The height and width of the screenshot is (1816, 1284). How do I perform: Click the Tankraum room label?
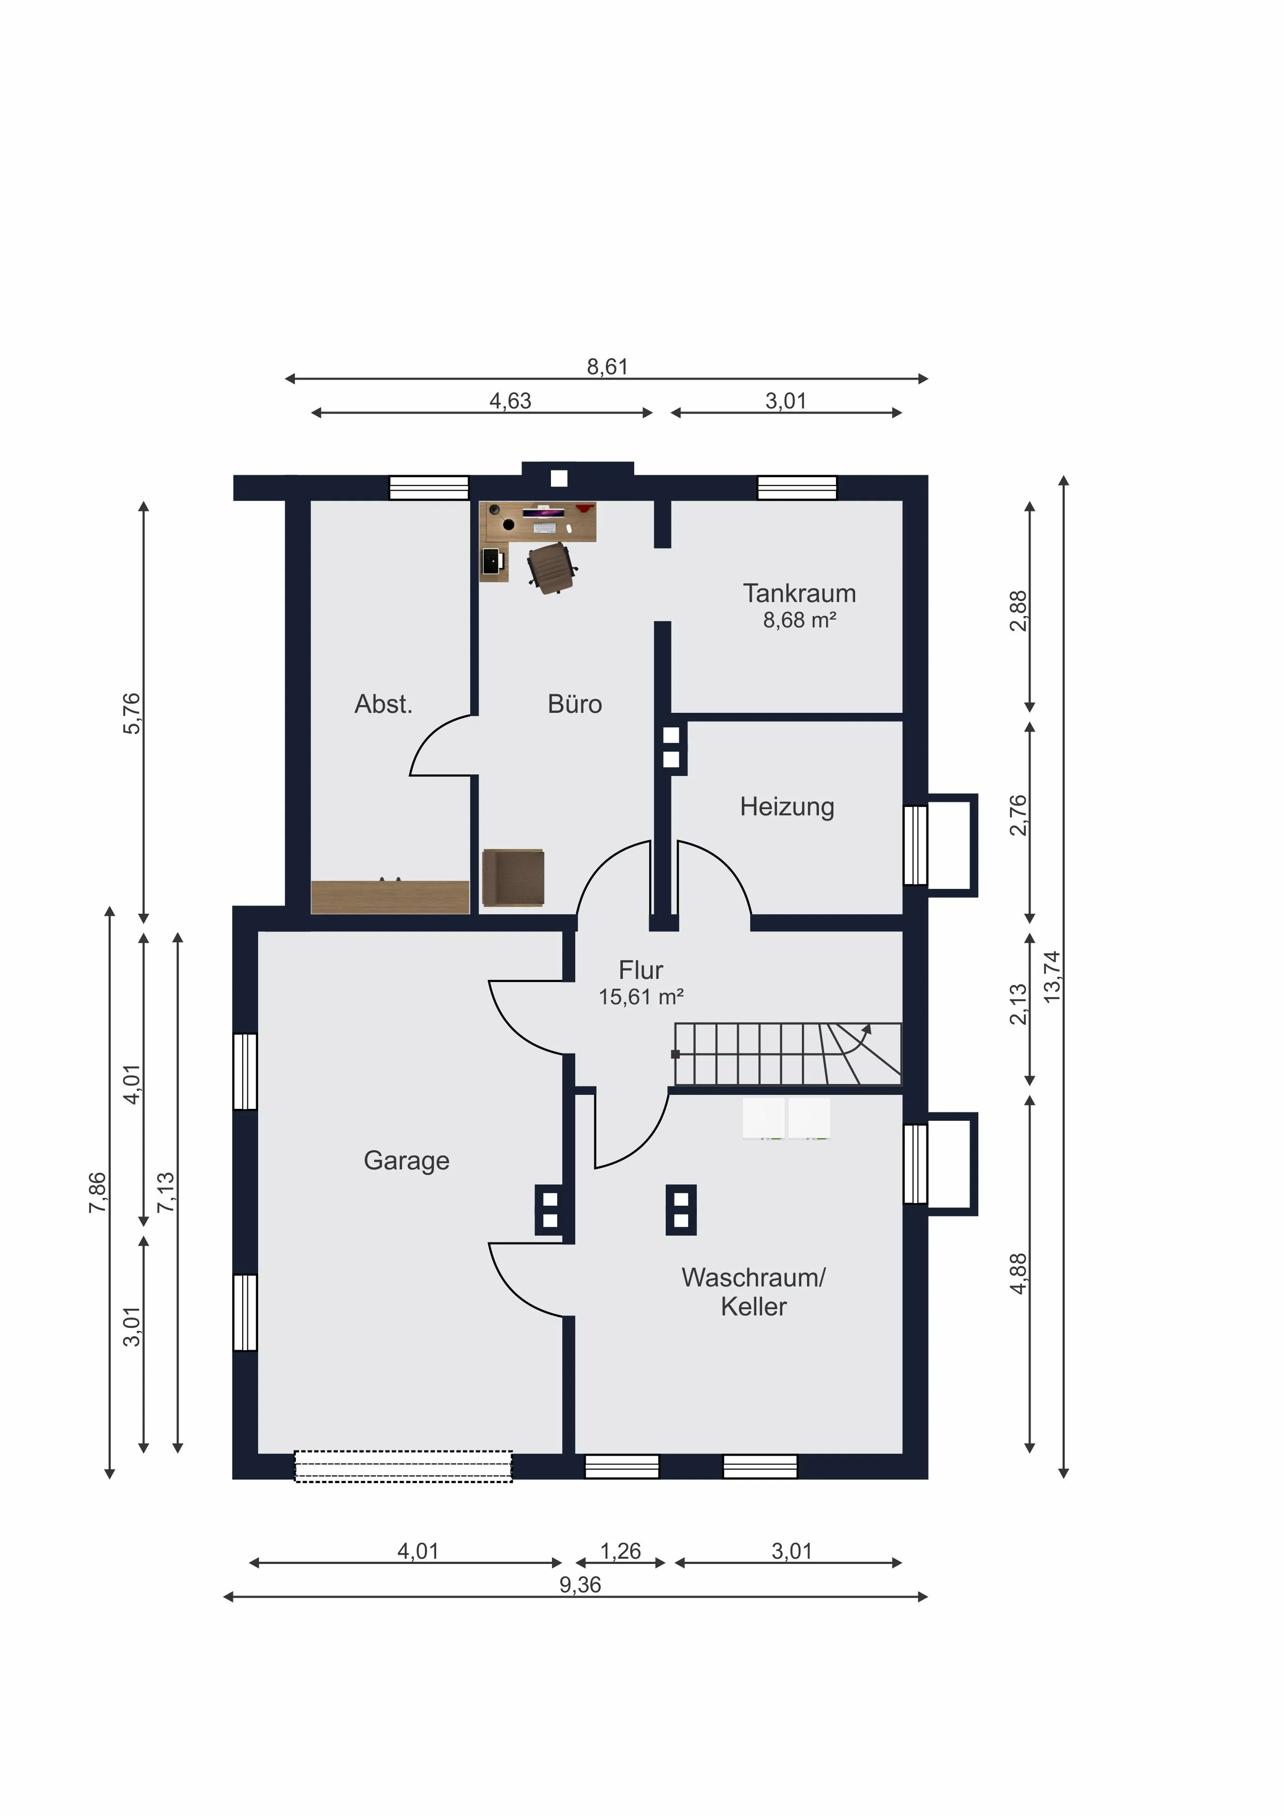point(799,593)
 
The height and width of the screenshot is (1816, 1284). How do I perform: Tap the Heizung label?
point(787,807)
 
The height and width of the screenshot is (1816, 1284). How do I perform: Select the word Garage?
point(407,1161)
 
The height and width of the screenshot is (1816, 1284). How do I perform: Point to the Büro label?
point(575,704)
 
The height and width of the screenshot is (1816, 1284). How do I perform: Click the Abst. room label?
point(383,704)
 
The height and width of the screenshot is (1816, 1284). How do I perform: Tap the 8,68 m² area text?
point(799,620)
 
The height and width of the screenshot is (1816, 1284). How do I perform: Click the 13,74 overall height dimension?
point(1052,977)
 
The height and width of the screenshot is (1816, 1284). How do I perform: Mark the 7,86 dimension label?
point(97,1193)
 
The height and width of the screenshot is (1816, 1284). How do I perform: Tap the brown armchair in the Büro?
point(513,878)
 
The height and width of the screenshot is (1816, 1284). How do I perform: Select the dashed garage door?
point(403,1467)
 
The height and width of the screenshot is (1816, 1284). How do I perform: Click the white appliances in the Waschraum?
point(786,1118)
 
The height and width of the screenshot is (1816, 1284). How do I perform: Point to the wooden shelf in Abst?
point(390,897)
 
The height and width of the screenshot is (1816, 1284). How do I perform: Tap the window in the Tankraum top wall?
point(797,488)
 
